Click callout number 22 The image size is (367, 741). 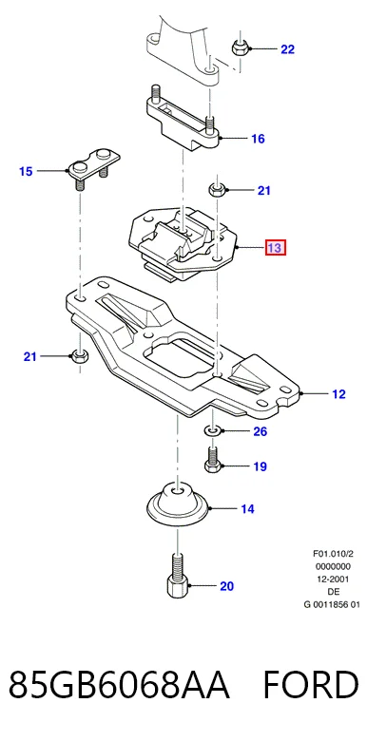pyautogui.click(x=287, y=49)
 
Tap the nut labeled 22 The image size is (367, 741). pyautogui.click(x=240, y=47)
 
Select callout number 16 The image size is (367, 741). pyautogui.click(x=258, y=139)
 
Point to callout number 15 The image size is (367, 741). pyautogui.click(x=26, y=171)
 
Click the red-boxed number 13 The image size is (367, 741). pyautogui.click(x=276, y=247)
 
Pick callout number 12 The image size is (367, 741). pyautogui.click(x=338, y=393)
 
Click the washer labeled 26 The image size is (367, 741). pyautogui.click(x=211, y=430)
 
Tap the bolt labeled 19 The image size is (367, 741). pyautogui.click(x=212, y=460)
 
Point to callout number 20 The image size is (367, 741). pyautogui.click(x=226, y=586)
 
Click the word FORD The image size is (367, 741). pyautogui.click(x=311, y=685)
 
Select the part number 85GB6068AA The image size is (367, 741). pyautogui.click(x=119, y=685)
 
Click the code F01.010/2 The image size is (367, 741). pyautogui.click(x=333, y=554)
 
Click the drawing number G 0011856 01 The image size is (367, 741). pyautogui.click(x=333, y=604)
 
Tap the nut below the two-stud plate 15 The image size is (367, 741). pyautogui.click(x=80, y=355)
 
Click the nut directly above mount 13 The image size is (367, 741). pyautogui.click(x=217, y=190)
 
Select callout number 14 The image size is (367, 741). pyautogui.click(x=247, y=509)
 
